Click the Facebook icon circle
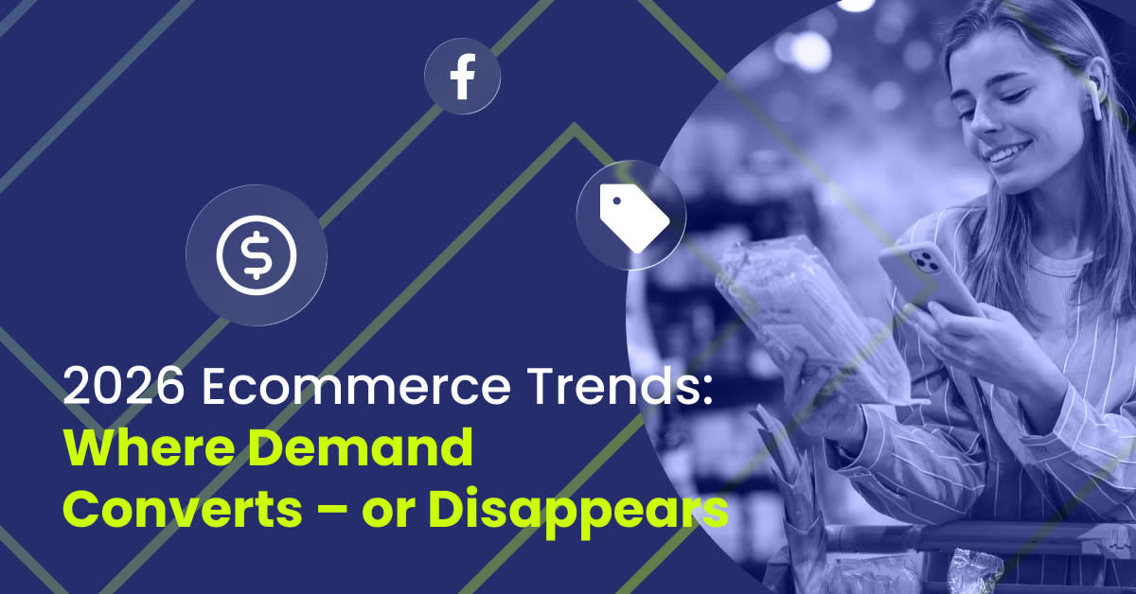pos(462,77)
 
